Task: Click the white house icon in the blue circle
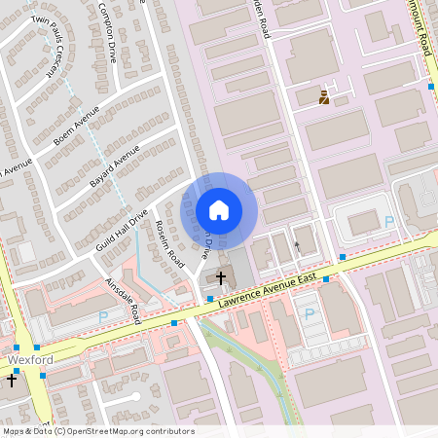[219, 210]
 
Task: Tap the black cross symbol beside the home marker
[221, 278]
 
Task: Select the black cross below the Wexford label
[11, 380]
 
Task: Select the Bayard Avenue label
[115, 167]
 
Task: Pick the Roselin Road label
[169, 244]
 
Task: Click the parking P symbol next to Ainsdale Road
[104, 316]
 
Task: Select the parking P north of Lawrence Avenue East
[390, 222]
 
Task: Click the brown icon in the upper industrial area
[324, 96]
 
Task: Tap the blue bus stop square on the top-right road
[431, 87]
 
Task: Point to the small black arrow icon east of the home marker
[297, 246]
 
